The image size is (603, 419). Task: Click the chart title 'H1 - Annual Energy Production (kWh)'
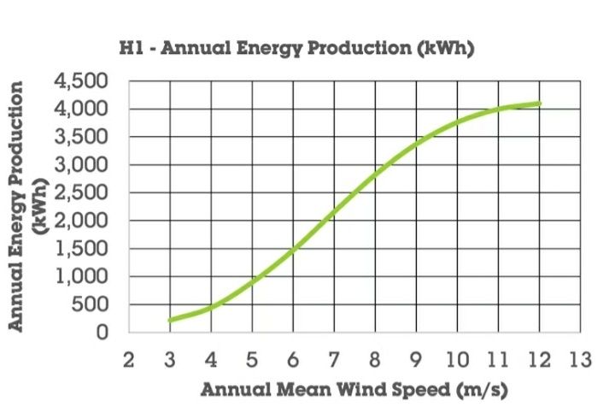[296, 49]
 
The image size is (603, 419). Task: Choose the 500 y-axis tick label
[91, 305]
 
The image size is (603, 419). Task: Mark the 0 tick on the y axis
[104, 333]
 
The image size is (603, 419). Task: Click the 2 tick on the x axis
[129, 359]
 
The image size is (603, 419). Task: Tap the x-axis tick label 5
[252, 359]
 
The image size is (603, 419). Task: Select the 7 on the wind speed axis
[334, 359]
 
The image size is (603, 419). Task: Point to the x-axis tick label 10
[457, 359]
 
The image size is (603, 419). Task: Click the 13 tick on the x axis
[581, 359]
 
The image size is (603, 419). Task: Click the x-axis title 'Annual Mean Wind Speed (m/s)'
[354, 390]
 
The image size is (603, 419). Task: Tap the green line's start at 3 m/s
[170, 321]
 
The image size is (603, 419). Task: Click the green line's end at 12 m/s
[540, 103]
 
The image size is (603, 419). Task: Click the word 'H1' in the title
[131, 49]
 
